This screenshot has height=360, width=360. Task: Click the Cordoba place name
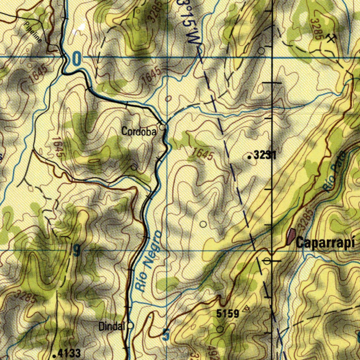139,132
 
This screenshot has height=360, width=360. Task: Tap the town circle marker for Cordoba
162,127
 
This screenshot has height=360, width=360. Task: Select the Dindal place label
112,327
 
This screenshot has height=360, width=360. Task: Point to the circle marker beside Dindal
130,326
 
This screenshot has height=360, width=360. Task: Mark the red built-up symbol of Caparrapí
291,236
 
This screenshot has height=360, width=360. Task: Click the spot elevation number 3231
265,155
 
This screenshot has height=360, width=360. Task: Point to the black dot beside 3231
250,157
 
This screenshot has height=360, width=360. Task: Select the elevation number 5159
228,313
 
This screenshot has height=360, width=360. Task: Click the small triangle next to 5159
247,309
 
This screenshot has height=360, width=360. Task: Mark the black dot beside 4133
54,355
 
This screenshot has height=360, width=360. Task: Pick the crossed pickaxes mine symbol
330,38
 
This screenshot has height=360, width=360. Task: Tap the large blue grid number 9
77,251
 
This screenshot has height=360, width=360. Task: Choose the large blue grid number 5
166,335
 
